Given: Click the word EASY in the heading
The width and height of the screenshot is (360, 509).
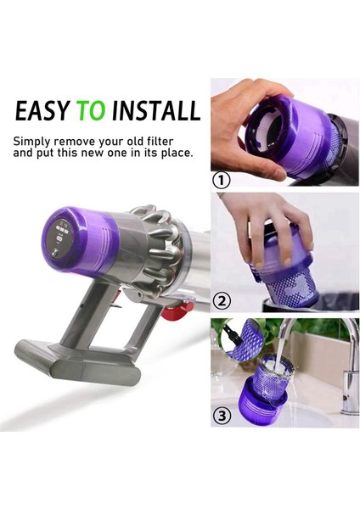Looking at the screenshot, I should pos(42,111).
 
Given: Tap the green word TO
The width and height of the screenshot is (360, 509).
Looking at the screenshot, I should pos(93,111).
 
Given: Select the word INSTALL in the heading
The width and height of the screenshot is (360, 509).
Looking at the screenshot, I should pos(156,111).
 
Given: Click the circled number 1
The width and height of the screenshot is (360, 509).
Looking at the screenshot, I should pos(222,181).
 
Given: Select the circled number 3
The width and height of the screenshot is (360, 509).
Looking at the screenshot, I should pos(222,417).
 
